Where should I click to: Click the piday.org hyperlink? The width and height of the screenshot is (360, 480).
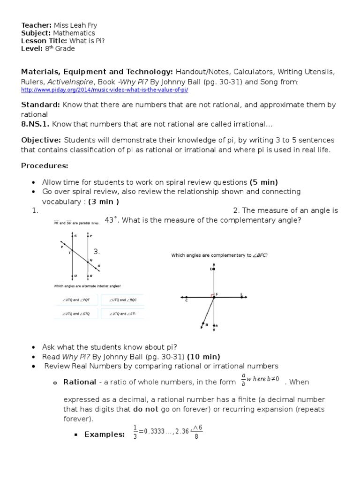pos(105,90)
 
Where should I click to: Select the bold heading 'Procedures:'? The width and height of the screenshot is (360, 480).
pos(45,166)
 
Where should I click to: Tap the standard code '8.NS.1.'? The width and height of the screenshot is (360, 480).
pos(36,124)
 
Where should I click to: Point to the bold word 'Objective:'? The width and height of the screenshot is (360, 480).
pos(41,140)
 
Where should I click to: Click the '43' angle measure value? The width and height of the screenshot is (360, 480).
pos(109,220)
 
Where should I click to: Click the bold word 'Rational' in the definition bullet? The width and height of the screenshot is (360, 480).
pos(80,382)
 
